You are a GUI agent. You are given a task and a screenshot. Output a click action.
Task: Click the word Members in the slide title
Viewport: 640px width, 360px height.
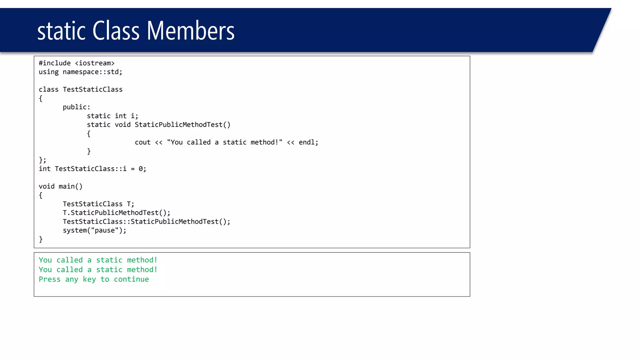point(190,31)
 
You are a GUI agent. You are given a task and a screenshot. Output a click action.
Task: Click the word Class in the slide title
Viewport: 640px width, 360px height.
point(116,31)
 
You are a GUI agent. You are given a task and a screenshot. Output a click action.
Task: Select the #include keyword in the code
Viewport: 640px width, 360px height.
point(55,63)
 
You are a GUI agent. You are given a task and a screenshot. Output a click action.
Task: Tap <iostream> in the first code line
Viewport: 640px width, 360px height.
point(95,63)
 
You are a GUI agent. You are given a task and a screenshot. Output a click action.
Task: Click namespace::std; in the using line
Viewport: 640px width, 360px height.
point(92,72)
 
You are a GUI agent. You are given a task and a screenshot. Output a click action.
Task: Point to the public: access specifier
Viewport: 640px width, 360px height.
point(77,107)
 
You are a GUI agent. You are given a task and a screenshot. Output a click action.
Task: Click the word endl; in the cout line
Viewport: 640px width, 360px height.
point(308,142)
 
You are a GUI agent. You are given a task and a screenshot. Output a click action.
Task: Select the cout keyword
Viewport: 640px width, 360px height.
point(142,142)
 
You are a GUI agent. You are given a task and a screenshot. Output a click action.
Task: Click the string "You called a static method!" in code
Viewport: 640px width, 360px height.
point(225,142)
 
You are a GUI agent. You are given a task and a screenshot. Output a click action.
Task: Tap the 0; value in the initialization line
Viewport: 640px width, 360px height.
point(142,169)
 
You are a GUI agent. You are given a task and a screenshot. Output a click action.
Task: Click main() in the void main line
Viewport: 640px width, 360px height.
point(71,187)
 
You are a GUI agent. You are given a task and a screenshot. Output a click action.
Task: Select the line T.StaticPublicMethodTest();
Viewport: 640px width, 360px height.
point(117,213)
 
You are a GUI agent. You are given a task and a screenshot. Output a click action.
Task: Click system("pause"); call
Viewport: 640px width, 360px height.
point(95,231)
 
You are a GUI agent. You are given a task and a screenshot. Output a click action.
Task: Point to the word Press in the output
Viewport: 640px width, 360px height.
point(50,279)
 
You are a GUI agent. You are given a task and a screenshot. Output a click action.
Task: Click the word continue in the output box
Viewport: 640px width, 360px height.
point(131,279)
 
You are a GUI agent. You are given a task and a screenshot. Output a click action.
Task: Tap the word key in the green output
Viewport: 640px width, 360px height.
point(89,279)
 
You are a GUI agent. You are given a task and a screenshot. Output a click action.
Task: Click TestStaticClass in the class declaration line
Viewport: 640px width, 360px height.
point(92,90)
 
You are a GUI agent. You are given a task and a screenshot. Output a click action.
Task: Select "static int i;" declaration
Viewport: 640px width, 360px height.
point(112,116)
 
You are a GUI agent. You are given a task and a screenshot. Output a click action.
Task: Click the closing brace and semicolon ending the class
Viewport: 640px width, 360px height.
point(42,160)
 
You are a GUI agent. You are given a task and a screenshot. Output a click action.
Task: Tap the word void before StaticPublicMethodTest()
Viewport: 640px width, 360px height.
point(122,125)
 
